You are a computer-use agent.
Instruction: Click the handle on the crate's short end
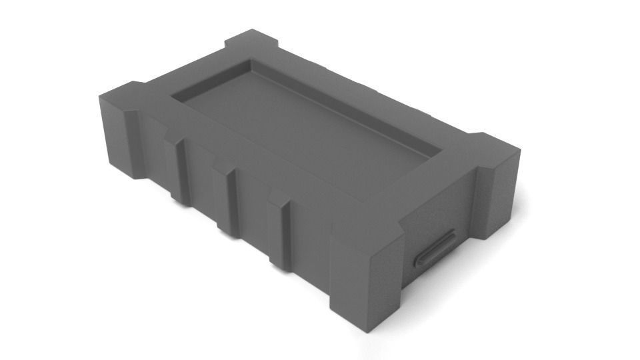point(434,248)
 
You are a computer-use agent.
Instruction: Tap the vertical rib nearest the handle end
point(281,230)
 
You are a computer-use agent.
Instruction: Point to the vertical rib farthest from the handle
point(179,170)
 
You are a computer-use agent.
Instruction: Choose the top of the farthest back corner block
point(252,40)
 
